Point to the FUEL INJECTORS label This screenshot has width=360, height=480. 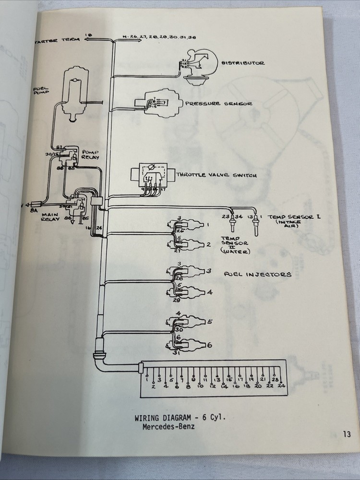258,275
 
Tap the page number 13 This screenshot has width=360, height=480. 347,434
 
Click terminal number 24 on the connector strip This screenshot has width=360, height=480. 282,385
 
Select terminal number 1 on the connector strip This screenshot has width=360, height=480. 147,378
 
